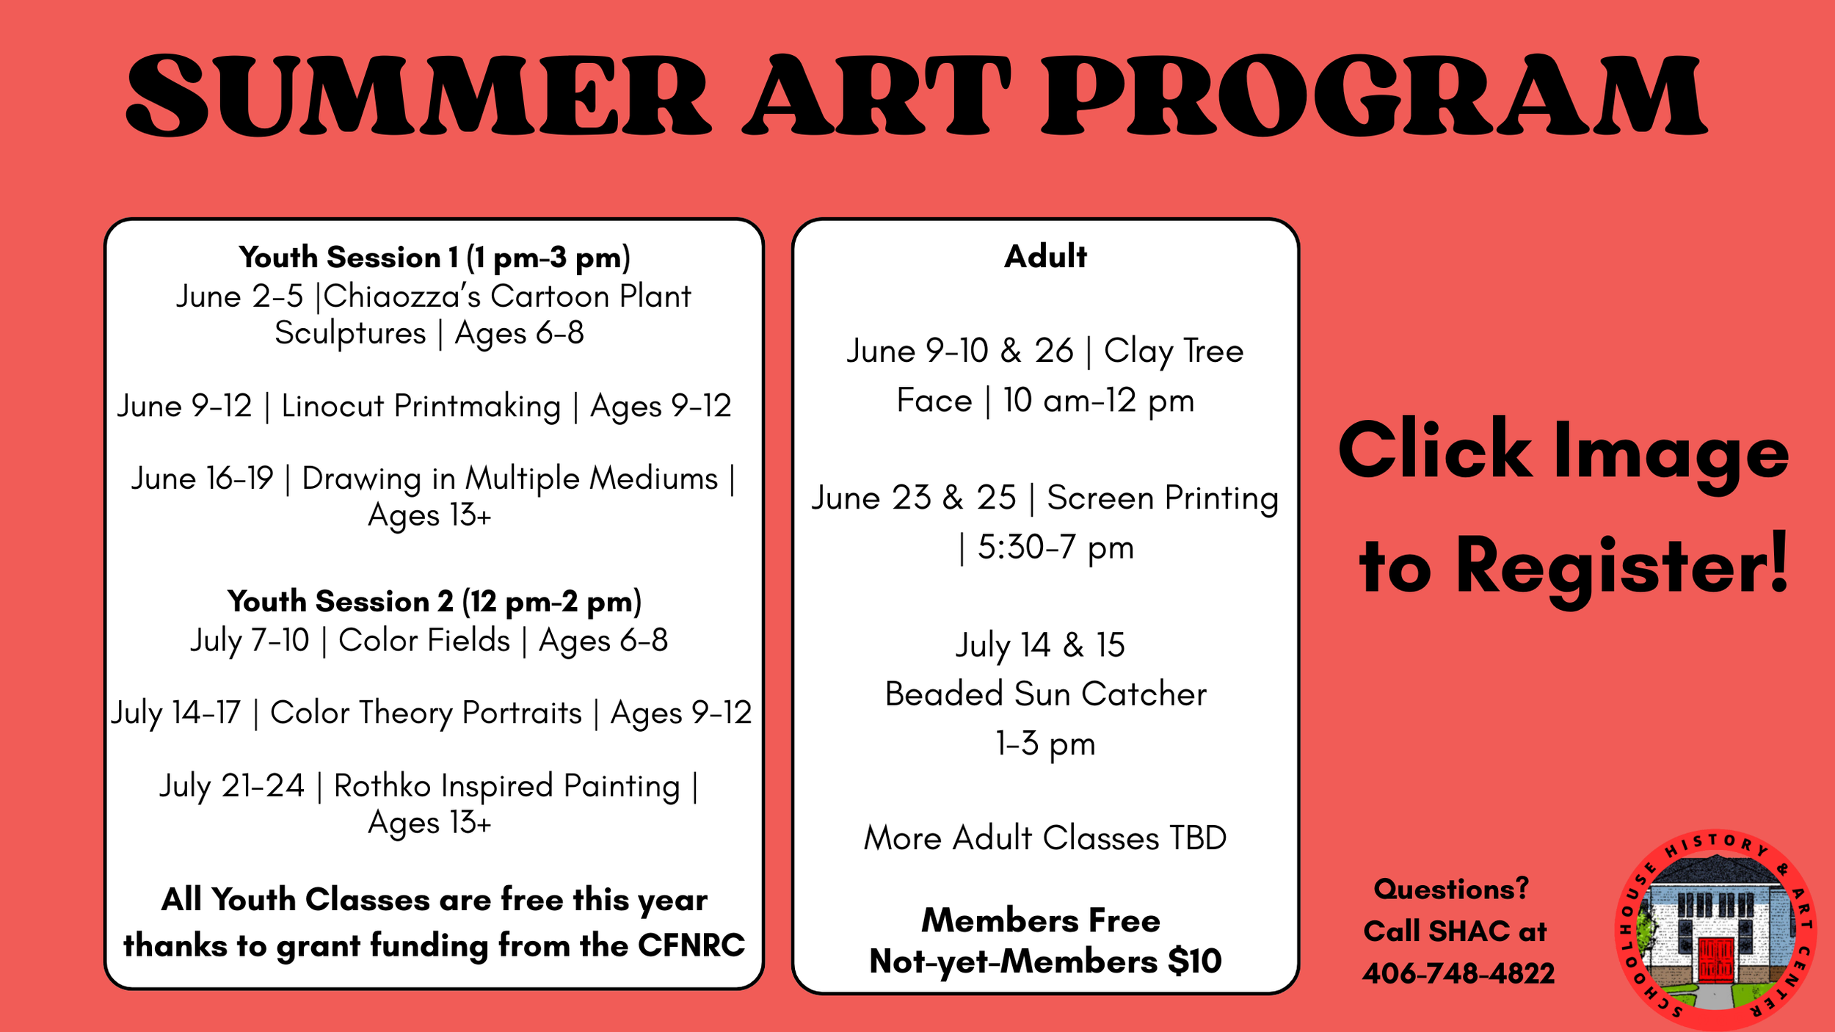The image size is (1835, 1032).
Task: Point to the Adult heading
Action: [1045, 257]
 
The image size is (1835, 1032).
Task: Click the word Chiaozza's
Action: [402, 297]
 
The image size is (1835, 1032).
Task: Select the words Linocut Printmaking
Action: [421, 406]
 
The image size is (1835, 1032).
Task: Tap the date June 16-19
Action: [203, 479]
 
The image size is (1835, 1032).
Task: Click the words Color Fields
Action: [424, 640]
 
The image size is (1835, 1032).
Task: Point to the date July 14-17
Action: [176, 713]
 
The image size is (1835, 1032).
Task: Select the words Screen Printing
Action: [1163, 498]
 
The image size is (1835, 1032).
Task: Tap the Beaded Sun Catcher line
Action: [1045, 694]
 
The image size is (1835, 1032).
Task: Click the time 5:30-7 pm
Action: [1055, 548]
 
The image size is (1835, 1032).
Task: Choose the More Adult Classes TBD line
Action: [1045, 838]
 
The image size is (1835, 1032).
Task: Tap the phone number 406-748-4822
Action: [1458, 974]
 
